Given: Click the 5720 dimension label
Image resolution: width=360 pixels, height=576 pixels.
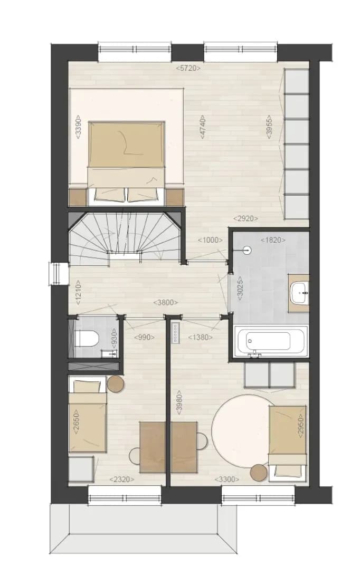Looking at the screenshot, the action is (188, 68).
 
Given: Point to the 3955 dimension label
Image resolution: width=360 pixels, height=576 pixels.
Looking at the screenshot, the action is (269, 127).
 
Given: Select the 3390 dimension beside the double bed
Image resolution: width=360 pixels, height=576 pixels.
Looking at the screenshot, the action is (78, 127).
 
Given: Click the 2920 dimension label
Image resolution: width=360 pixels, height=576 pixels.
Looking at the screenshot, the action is (245, 218).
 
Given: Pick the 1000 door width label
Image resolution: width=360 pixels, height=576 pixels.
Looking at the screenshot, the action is (210, 240).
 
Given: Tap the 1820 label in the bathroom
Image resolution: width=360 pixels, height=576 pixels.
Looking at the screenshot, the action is (273, 240).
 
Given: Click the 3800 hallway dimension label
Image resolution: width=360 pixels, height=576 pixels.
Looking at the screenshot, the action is (165, 303).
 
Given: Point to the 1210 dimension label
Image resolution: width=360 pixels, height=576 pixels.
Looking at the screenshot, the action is (78, 293).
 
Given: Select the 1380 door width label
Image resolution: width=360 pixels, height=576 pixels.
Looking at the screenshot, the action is (201, 337).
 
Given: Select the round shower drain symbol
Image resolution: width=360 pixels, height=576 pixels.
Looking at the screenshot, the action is (248, 251).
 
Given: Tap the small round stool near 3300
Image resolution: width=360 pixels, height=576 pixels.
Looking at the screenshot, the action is (259, 473).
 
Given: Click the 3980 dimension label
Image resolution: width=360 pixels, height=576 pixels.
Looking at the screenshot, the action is (179, 403).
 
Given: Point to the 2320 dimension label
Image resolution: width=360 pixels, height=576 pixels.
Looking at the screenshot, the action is (122, 479).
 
